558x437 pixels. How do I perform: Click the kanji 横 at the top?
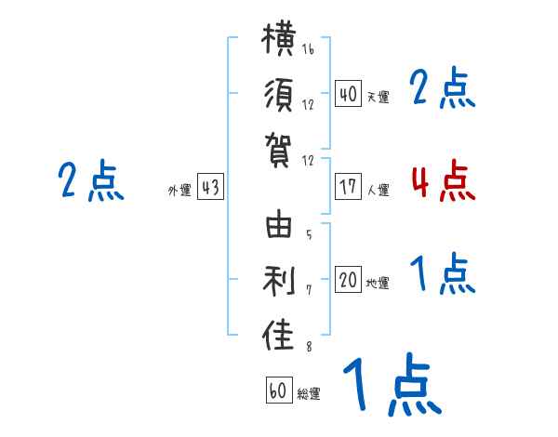279,39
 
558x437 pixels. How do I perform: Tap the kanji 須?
279,95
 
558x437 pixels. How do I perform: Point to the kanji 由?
279,224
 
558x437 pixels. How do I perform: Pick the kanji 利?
279,280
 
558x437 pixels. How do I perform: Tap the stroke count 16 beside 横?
308,48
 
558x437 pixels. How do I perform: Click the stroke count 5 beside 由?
309,234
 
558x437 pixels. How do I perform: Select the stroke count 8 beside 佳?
309,346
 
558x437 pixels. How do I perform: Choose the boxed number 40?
348,94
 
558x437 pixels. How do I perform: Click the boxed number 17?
348,187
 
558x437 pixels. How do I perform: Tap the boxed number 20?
348,280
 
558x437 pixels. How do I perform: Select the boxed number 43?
210,187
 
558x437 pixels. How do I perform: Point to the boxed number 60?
279,390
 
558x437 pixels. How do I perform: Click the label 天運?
379,97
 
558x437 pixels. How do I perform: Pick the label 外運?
179,190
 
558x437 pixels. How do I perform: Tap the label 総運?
309,393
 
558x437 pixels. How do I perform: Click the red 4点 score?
444,181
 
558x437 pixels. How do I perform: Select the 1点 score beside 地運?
443,273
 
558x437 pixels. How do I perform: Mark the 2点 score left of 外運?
91,180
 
